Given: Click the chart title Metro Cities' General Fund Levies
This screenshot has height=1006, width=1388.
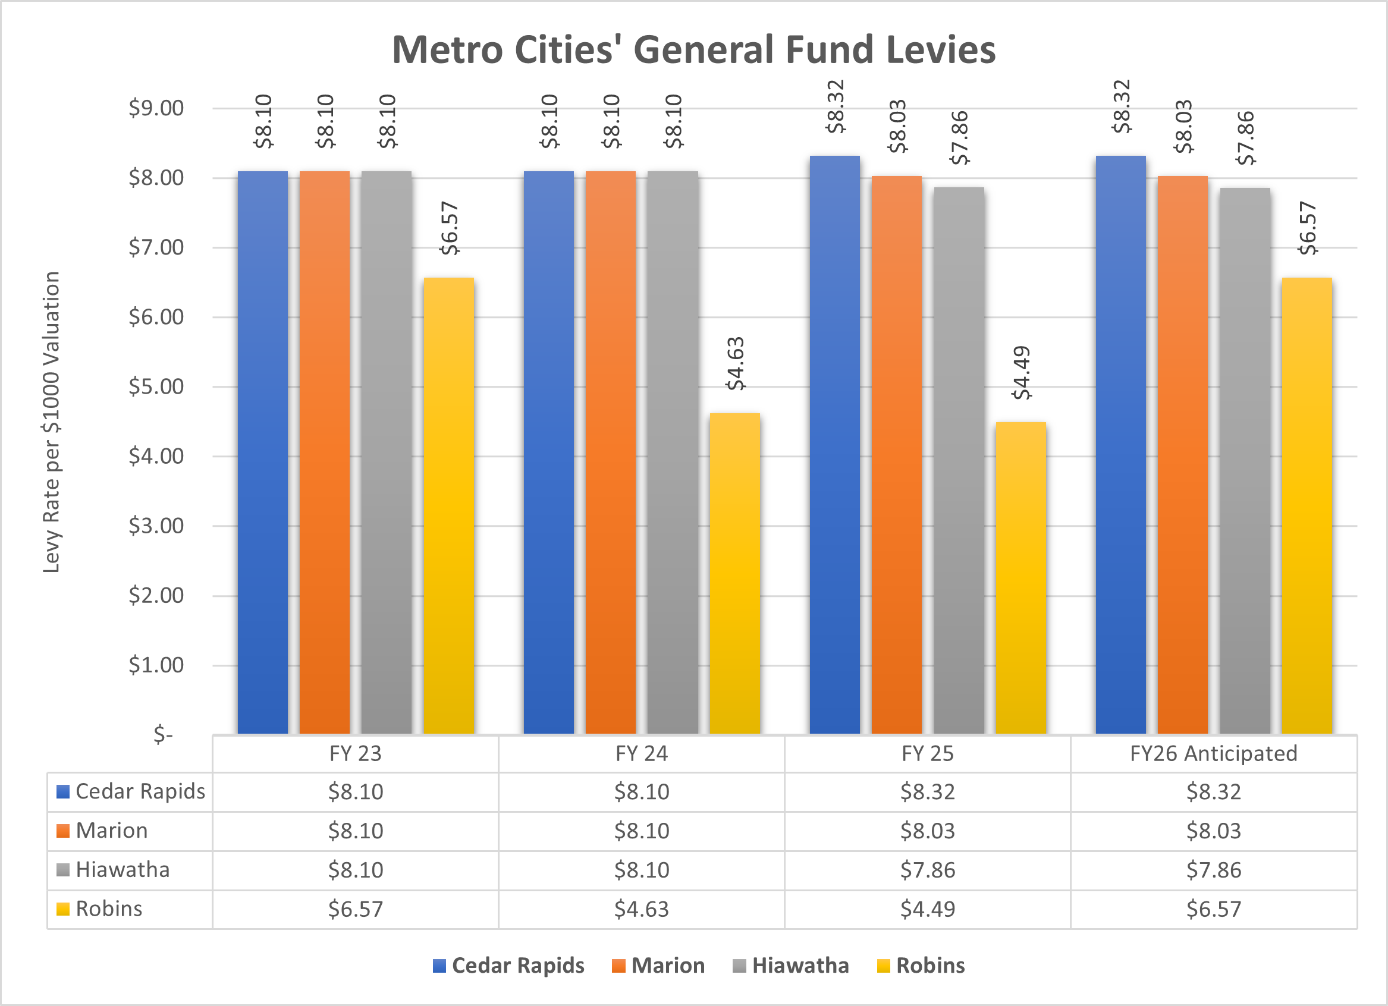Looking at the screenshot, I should [x=693, y=50].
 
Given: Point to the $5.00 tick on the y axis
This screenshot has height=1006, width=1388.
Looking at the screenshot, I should [x=156, y=386].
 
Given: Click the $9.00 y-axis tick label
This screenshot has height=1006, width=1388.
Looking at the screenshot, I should [x=156, y=108].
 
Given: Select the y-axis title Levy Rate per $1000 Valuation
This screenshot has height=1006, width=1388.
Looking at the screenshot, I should [x=51, y=422].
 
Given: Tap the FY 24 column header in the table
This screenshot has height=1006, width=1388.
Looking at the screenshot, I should [x=641, y=753].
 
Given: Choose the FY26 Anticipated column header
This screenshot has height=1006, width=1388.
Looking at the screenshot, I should [x=1214, y=753].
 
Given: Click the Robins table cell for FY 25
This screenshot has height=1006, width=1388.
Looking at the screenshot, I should [x=927, y=909].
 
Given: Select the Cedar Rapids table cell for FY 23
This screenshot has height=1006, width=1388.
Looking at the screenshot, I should [x=356, y=792].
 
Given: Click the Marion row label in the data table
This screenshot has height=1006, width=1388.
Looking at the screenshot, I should [x=112, y=831].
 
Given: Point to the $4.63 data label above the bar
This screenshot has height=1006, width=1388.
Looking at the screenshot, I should [x=735, y=363].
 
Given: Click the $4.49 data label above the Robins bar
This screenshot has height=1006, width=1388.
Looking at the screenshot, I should [x=1022, y=373].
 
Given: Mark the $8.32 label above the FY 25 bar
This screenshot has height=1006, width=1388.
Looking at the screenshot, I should [x=836, y=106].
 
